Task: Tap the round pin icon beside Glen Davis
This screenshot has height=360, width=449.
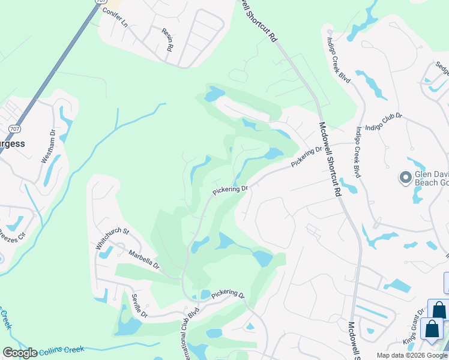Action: point(406,178)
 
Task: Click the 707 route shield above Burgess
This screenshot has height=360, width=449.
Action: point(15,128)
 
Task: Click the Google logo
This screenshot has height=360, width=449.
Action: point(20,353)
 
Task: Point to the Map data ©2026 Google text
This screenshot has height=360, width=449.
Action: point(412,355)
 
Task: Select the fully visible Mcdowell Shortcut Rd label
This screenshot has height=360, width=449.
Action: point(330,161)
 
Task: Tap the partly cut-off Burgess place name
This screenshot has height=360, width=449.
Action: point(13,144)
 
